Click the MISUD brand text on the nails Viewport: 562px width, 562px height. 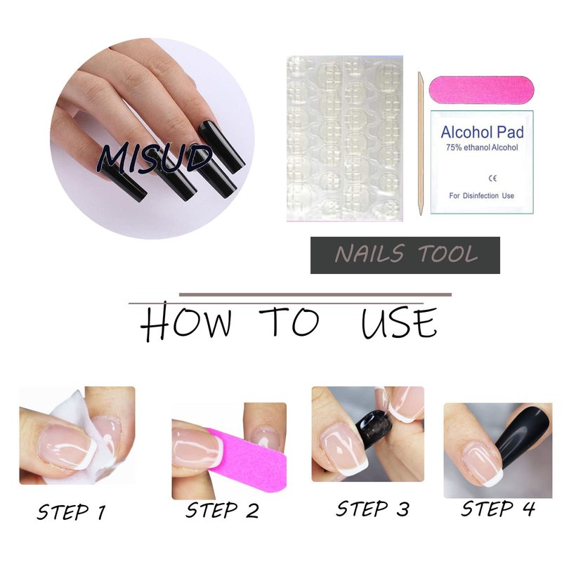pos(155,159)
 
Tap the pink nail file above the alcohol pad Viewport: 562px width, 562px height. pos(481,90)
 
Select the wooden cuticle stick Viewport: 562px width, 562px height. pos(421,143)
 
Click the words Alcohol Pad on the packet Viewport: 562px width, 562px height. pos(482,132)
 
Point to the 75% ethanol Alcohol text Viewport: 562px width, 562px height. pos(482,148)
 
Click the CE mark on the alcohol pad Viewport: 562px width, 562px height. pos(492,178)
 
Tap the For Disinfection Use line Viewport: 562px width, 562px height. pos(481,196)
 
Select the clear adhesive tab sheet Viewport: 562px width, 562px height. pos(345,138)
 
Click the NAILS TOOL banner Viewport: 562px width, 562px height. pos(405,255)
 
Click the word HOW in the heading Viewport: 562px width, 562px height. pos(185,321)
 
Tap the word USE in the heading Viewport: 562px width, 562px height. pos(399,323)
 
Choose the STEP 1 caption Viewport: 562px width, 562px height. pos(72,512)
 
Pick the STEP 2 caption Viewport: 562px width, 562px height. pos(222,510)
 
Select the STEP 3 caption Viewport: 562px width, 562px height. pos(372,509)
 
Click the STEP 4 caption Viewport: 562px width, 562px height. pos(498,509)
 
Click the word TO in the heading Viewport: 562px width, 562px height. pos(289,321)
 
